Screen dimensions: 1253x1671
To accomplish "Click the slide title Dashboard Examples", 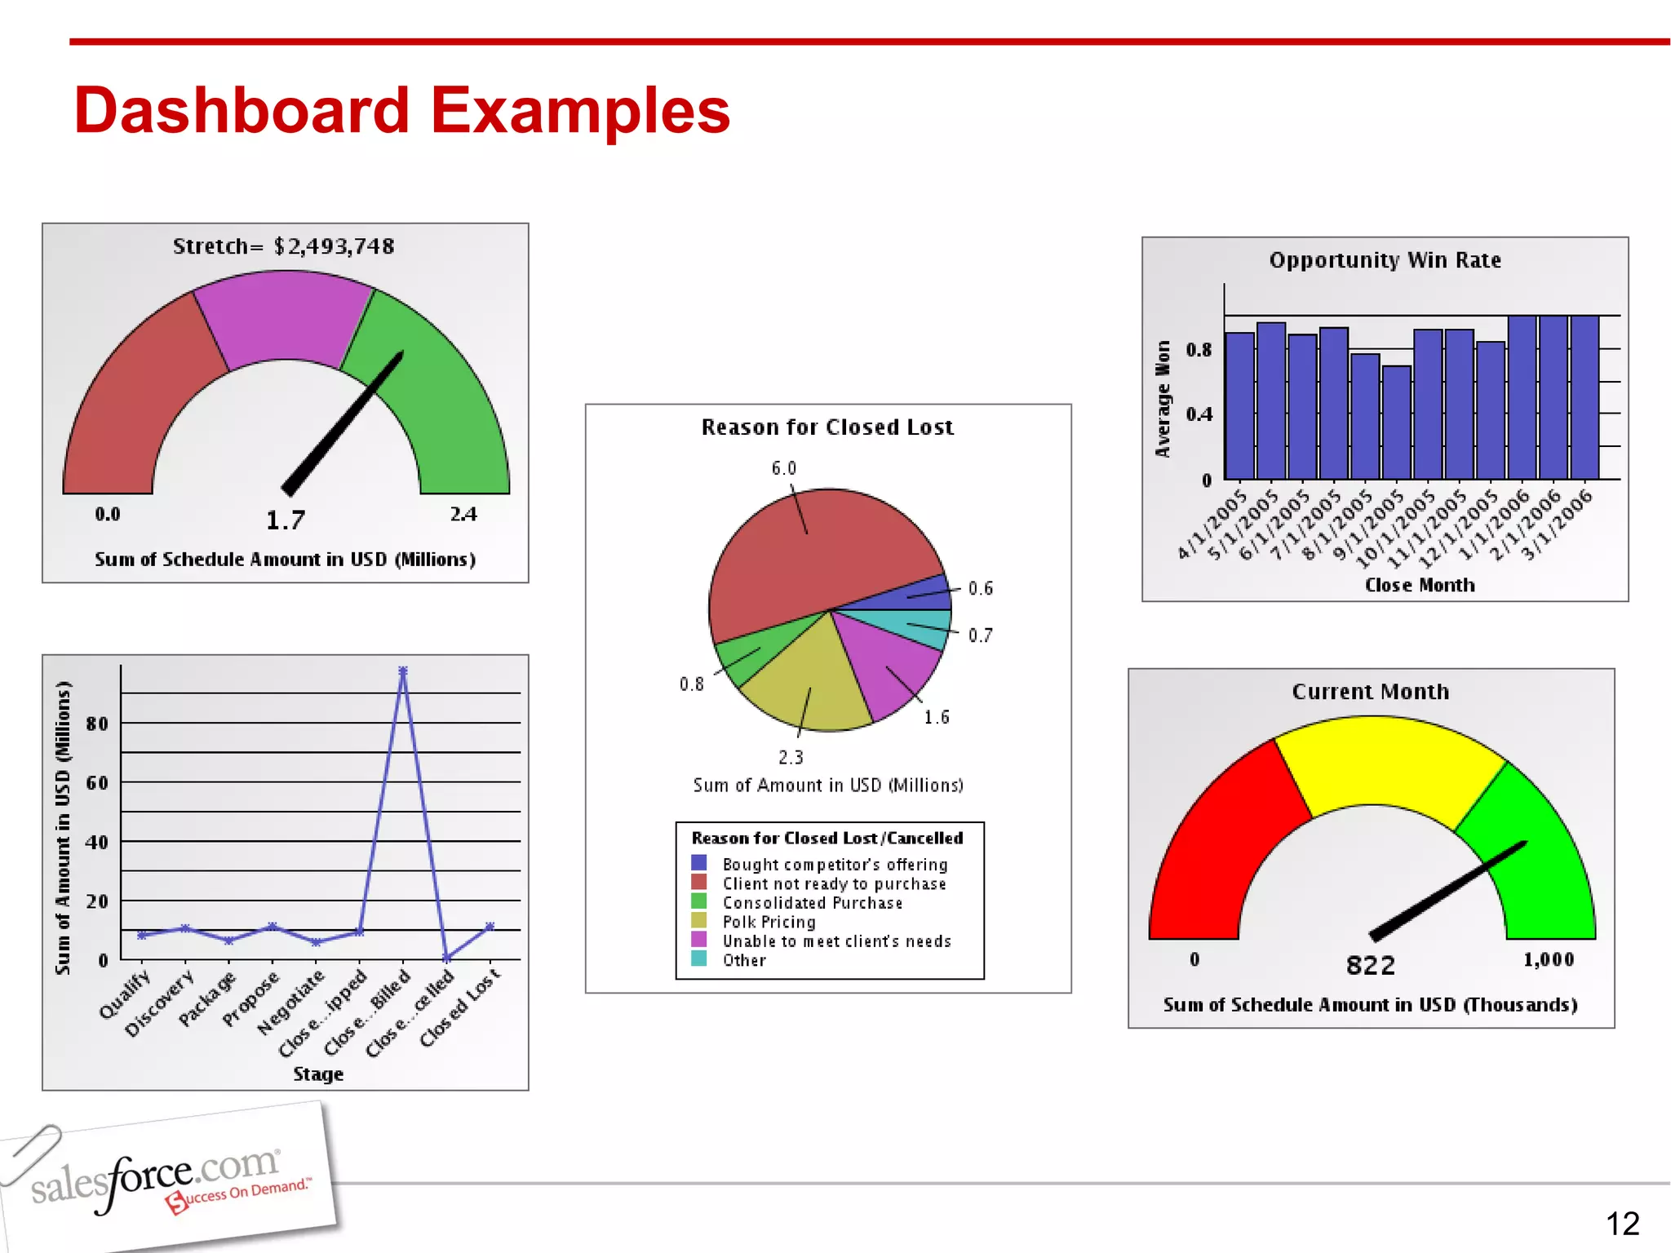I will pos(401,111).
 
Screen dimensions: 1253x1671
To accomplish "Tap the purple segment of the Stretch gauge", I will pos(284,318).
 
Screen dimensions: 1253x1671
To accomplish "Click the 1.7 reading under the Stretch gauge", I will pos(286,520).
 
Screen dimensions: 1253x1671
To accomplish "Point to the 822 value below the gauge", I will pos(1371,966).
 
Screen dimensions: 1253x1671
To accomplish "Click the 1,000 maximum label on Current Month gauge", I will pos(1548,959).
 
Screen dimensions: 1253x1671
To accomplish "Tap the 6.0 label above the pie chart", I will pos(783,468).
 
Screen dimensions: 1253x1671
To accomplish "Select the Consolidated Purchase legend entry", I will pos(812,903).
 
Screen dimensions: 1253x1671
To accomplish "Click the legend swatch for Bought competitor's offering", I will pos(699,863).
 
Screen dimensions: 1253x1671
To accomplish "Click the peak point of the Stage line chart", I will pos(403,671).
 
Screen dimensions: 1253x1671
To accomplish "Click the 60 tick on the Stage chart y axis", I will pos(97,783).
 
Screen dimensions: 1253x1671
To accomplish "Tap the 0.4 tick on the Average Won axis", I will pos(1199,414).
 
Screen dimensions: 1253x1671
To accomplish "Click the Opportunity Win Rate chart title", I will pos(1385,260).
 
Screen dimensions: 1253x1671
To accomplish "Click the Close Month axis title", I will pos(1420,585).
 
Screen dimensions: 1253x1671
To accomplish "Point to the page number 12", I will pos(1622,1224).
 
